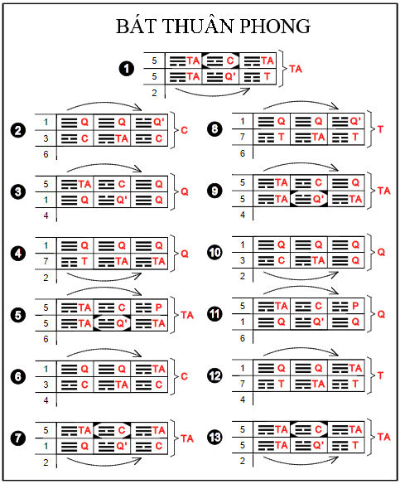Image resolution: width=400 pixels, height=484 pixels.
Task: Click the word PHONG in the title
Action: [275, 26]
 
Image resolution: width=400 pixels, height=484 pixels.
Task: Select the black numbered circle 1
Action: [127, 69]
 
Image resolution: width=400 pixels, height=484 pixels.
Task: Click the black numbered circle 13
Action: [214, 437]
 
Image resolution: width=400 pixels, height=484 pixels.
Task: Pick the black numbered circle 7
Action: [18, 438]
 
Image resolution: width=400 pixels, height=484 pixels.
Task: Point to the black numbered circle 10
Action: [214, 253]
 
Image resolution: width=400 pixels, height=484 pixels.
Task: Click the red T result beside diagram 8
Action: [380, 129]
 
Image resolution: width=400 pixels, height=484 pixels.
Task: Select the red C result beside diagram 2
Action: [184, 130]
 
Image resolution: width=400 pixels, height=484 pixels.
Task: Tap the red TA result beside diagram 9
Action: [383, 191]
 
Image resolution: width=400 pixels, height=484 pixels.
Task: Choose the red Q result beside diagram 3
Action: [185, 191]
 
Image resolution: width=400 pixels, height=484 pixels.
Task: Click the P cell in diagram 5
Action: [149, 307]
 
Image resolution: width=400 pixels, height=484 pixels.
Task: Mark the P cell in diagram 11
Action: [346, 306]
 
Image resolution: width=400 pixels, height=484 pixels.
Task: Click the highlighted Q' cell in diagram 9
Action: [309, 199]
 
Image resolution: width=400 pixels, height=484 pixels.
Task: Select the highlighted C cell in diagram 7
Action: [113, 430]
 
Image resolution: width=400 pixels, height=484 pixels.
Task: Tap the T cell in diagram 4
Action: [75, 262]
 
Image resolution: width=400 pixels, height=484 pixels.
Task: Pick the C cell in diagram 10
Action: [272, 260]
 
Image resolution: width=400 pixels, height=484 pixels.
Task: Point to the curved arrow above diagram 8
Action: [301, 103]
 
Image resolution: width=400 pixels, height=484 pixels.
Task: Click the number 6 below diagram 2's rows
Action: [46, 153]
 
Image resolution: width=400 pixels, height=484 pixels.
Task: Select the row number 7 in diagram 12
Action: [243, 384]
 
